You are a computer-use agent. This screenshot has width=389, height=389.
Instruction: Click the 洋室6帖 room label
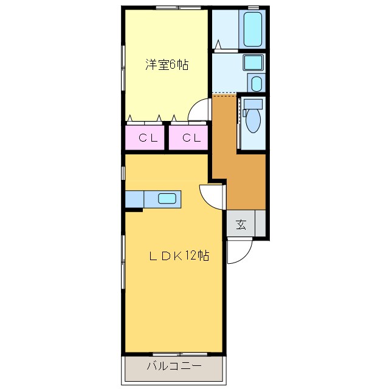pyautogui.click(x=167, y=65)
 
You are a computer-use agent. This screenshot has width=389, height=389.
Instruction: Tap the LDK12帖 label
pyautogui.click(x=179, y=255)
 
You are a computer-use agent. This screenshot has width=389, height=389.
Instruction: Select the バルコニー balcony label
pyautogui.click(x=174, y=366)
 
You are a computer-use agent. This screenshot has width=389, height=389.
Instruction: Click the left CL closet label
pyautogui.click(x=148, y=138)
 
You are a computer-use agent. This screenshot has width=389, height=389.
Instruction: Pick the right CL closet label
pyautogui.click(x=191, y=138)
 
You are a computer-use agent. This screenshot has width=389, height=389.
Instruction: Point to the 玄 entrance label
pyautogui.click(x=241, y=224)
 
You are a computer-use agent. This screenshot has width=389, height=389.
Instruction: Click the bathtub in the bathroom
pyautogui.click(x=253, y=30)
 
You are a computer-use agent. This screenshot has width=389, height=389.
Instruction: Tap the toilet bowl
pyautogui.click(x=253, y=120)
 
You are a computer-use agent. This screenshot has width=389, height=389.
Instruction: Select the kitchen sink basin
pyautogui.click(x=167, y=199)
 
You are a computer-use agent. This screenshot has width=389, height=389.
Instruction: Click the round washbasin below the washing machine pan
pyautogui.click(x=256, y=83)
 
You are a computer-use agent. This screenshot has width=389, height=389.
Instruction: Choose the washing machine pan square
pyautogui.click(x=253, y=63)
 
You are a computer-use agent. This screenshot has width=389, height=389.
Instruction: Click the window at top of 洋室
pyautogui.click(x=179, y=7)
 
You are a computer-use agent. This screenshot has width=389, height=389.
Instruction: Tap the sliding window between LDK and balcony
pyautogui.click(x=180, y=354)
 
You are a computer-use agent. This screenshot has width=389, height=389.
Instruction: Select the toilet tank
pyautogui.click(x=253, y=104)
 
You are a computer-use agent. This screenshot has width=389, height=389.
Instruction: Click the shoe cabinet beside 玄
pyautogui.click(x=260, y=223)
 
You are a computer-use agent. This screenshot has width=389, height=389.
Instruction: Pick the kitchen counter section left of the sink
pyautogui.click(x=134, y=199)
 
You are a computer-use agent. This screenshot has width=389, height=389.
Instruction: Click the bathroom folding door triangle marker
pyautogui.click(x=218, y=44)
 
